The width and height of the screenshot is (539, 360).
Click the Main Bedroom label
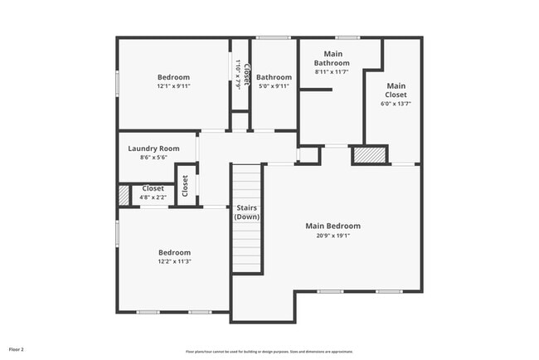(x=333, y=226)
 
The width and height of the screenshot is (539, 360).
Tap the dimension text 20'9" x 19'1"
(x=333, y=235)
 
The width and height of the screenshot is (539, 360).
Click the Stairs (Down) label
(x=247, y=212)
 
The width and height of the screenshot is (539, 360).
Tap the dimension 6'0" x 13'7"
(x=396, y=105)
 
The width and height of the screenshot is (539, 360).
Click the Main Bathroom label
(x=332, y=58)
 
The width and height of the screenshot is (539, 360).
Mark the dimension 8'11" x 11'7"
(x=332, y=72)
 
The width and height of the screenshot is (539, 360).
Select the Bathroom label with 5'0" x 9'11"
(x=273, y=77)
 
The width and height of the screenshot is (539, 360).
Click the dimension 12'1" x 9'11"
(x=174, y=86)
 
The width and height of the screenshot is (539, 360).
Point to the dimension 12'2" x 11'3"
(x=174, y=261)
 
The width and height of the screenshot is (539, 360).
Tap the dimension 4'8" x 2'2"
(x=153, y=197)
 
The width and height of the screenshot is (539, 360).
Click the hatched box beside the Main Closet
(x=370, y=154)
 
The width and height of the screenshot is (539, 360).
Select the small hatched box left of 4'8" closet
(x=124, y=194)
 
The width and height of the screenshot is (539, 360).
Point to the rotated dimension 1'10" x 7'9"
(x=237, y=73)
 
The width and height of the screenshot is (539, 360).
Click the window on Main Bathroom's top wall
(x=347, y=37)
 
